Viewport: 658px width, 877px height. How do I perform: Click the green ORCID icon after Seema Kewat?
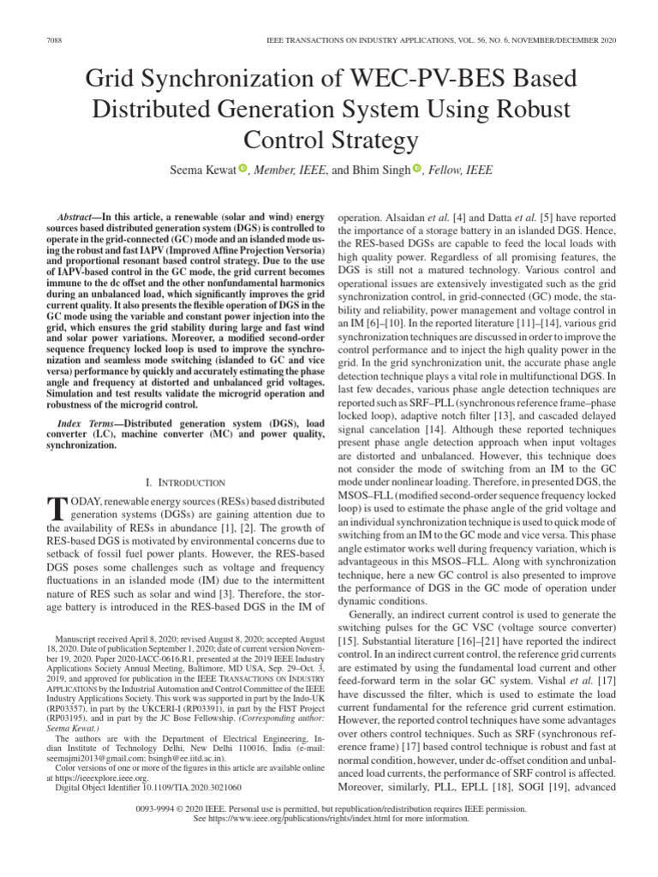[x=242, y=169]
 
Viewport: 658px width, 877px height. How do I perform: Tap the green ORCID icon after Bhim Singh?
[x=417, y=169]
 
